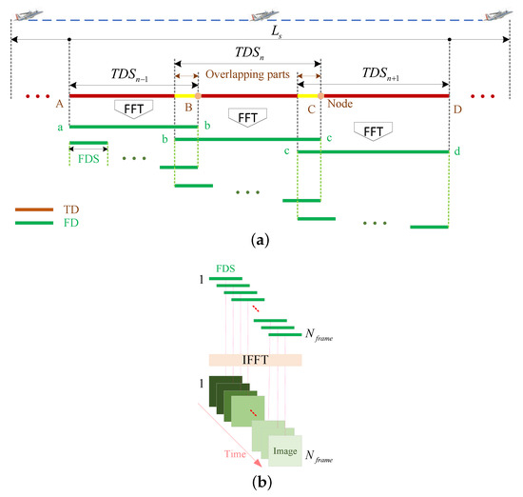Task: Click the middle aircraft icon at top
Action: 261,14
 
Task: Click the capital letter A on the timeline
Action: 60,106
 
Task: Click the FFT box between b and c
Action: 247,117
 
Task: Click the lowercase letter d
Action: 457,150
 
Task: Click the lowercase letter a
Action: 60,127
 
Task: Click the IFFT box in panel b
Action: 254,361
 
